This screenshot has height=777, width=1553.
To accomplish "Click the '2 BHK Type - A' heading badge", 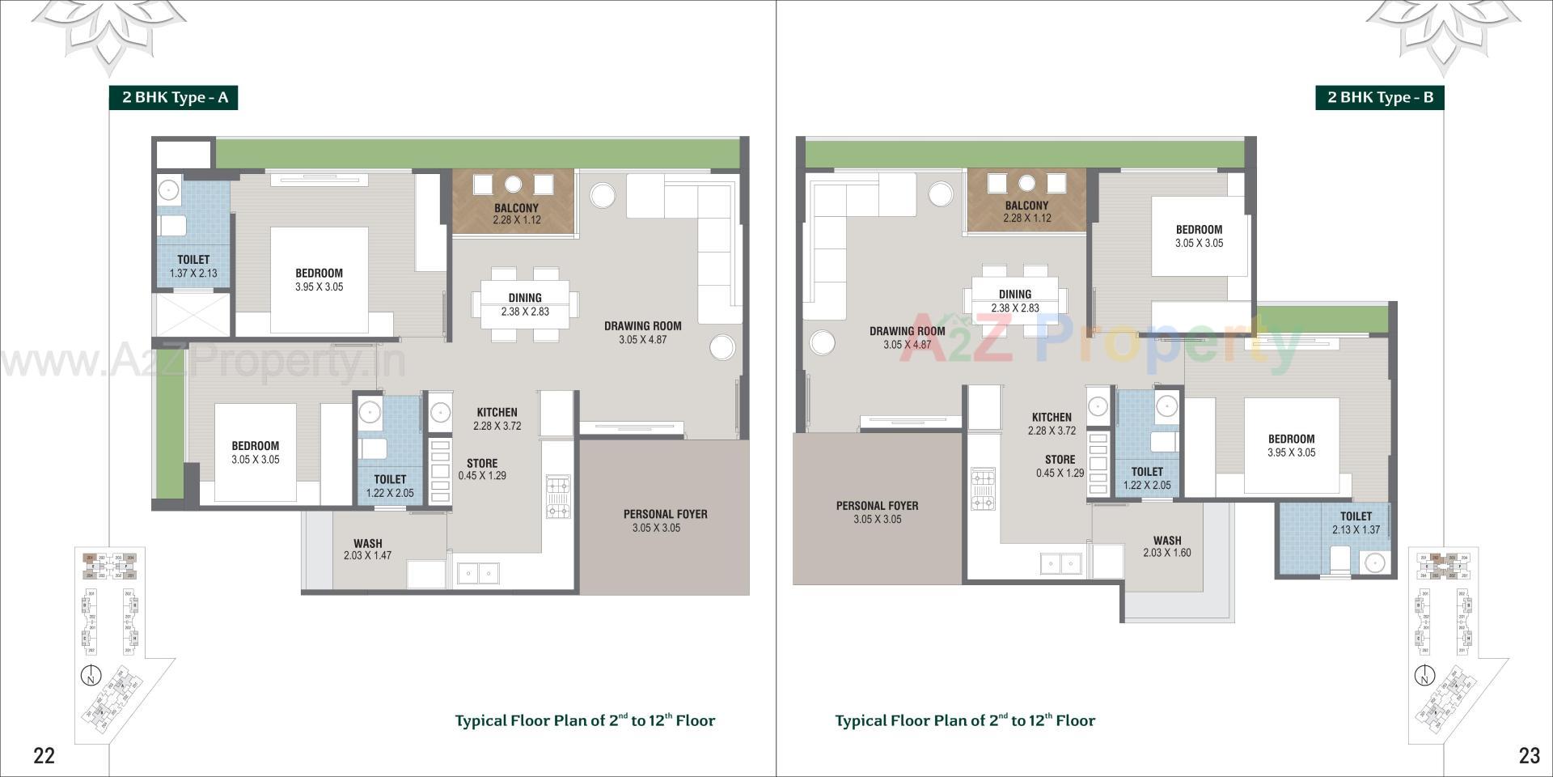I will click(x=174, y=98).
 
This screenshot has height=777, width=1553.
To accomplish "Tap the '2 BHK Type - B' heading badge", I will click(x=1379, y=98).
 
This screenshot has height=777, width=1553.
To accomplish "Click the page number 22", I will click(x=44, y=755).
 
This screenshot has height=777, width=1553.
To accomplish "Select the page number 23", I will click(x=1529, y=755).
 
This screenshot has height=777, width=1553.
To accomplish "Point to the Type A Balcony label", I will click(x=516, y=208).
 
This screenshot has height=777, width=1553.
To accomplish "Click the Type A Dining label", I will click(x=525, y=298).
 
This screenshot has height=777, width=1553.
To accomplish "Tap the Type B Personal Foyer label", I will click(x=877, y=506).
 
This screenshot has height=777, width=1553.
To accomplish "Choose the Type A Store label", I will click(x=482, y=464).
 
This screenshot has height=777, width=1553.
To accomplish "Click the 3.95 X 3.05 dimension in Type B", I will click(x=1291, y=453).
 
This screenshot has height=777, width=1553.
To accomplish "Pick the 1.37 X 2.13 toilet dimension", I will click(x=193, y=274).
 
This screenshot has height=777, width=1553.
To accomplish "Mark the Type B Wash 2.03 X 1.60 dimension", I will click(x=1166, y=553).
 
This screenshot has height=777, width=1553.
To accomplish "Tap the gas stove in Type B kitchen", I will click(x=983, y=490).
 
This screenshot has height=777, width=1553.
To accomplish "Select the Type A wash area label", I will click(x=367, y=544).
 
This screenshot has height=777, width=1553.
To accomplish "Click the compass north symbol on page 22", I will click(x=91, y=675).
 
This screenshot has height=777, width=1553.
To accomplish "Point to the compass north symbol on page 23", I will click(x=1424, y=675).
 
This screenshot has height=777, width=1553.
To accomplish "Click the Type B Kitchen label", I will click(x=1052, y=418).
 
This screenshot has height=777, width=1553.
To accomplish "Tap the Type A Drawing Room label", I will click(x=642, y=326).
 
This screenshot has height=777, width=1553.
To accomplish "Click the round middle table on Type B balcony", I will click(x=1026, y=182).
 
